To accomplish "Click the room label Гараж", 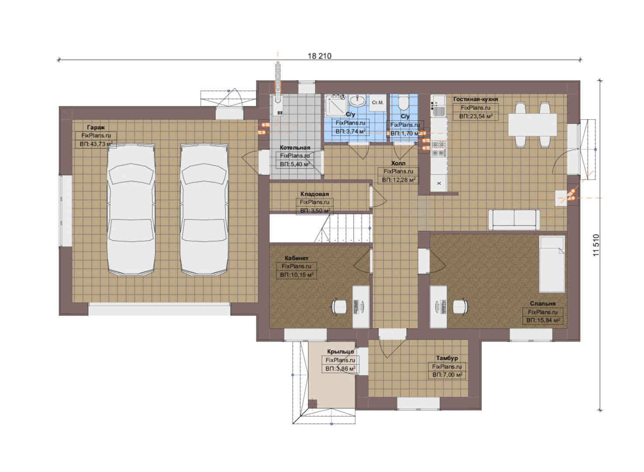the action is pyautogui.click(x=96, y=127).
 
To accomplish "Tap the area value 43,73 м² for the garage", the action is pyautogui.click(x=96, y=144).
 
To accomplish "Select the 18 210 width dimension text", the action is pyautogui.click(x=319, y=56).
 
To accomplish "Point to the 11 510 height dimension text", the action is pyautogui.click(x=596, y=245).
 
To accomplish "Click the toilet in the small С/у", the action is pyautogui.click(x=404, y=102).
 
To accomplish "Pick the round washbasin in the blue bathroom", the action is pyautogui.click(x=357, y=101).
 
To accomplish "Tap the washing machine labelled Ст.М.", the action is pyautogui.click(x=378, y=103).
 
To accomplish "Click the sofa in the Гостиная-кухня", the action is pyautogui.click(x=514, y=220).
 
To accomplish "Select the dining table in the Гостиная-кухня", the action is pyautogui.click(x=533, y=125).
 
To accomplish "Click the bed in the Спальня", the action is pyautogui.click(x=552, y=264).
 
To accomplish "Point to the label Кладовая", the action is pyautogui.click(x=315, y=194).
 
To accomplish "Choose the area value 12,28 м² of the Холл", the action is pyautogui.click(x=398, y=180).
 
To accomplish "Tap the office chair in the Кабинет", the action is pyautogui.click(x=339, y=306).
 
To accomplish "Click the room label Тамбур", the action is pyautogui.click(x=447, y=358).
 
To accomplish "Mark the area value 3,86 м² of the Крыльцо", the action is pyautogui.click(x=340, y=368).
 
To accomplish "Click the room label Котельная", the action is pyautogui.click(x=295, y=148).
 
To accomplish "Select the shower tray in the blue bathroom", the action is pyautogui.click(x=336, y=105).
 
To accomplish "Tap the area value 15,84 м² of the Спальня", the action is pyautogui.click(x=543, y=320).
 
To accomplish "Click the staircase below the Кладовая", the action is pyautogui.click(x=321, y=228).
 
